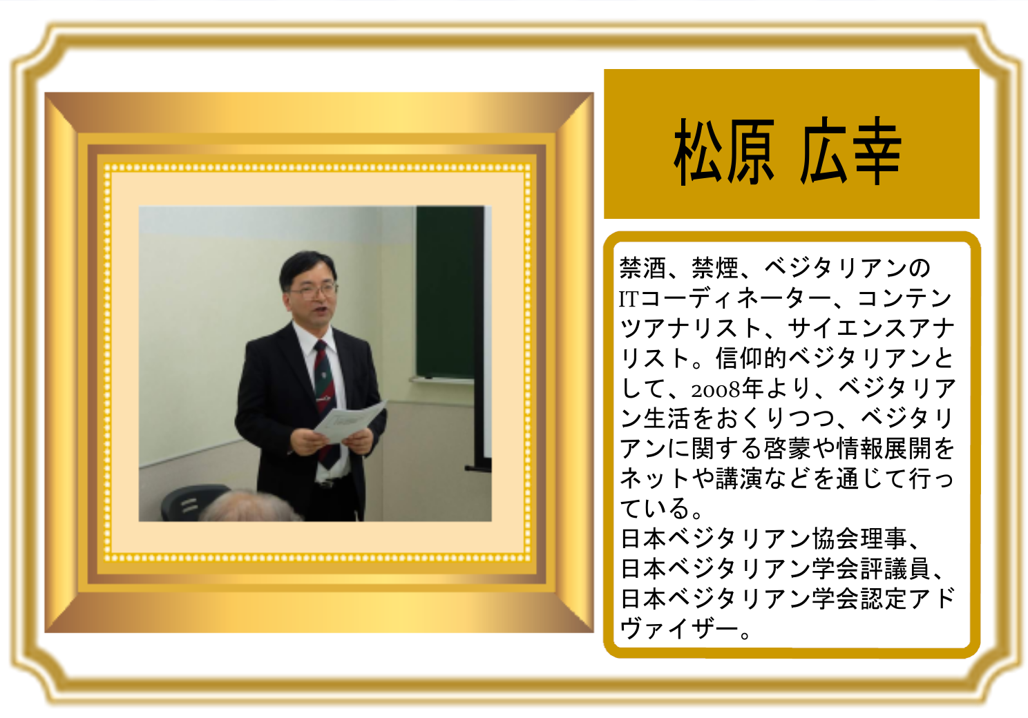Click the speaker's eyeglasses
(313, 290)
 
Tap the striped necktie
(327, 400)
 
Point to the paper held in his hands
(350, 421)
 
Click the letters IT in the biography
(629, 300)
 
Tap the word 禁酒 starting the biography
(642, 268)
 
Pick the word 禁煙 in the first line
(714, 268)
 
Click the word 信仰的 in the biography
(752, 358)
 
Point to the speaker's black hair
(307, 268)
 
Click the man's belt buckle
(327, 484)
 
